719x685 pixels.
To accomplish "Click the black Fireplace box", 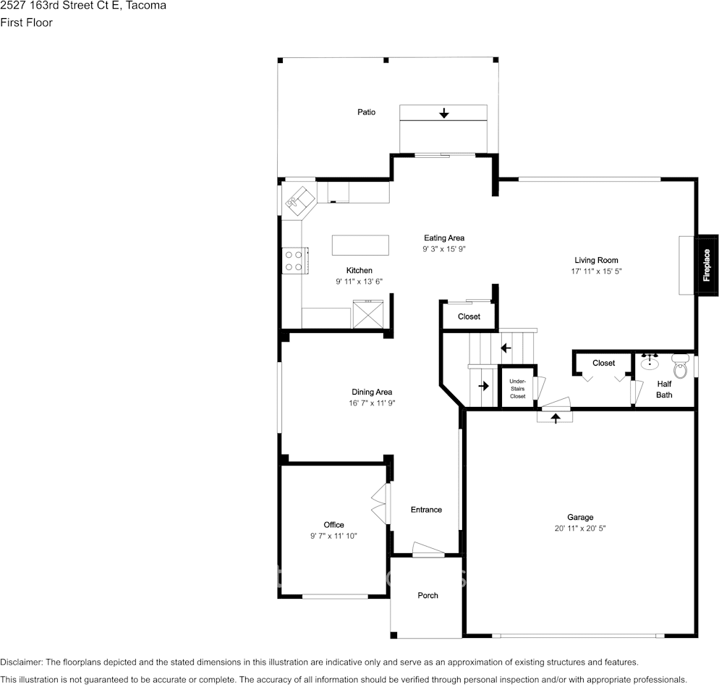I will click(707, 264).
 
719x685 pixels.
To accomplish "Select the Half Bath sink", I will click(649, 362).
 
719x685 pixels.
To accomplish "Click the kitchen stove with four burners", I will click(294, 261).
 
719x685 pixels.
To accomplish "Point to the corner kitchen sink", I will click(299, 198).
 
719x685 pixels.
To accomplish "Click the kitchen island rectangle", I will click(360, 245).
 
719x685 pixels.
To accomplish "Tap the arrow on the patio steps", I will click(443, 113).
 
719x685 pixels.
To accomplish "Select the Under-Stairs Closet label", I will click(517, 388).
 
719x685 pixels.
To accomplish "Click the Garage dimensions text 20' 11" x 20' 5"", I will click(580, 529).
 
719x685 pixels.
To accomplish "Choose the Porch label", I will click(427, 595).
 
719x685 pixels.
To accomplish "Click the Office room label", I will click(333, 525).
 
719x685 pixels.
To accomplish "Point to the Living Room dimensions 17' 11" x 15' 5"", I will click(596, 272).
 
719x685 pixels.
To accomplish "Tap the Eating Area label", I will click(444, 238).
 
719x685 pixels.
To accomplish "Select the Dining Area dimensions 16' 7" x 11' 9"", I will click(372, 403).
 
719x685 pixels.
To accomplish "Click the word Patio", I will click(366, 112).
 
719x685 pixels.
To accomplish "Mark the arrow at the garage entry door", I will click(555, 418).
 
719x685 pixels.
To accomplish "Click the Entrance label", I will click(426, 510).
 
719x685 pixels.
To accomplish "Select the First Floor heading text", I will click(26, 22).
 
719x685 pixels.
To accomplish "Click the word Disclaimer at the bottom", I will click(21, 662).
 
